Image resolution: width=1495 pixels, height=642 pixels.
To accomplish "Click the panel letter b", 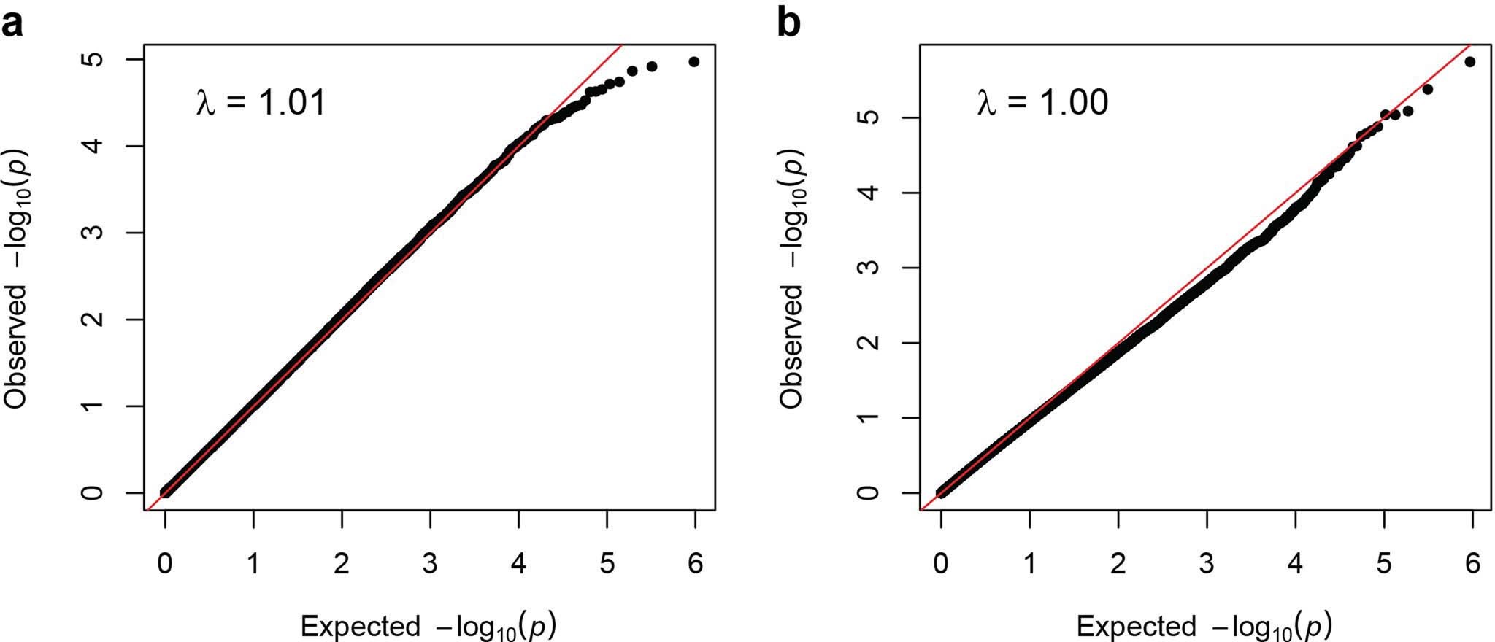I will click(788, 24).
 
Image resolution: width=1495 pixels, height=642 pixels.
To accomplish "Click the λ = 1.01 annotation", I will click(261, 103).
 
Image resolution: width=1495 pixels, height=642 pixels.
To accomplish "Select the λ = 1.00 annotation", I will click(1042, 103).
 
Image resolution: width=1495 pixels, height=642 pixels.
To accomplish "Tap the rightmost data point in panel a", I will click(694, 62).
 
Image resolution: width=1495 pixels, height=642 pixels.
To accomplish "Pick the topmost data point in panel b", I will click(1470, 62).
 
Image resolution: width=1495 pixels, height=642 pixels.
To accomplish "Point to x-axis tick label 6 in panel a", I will click(696, 564).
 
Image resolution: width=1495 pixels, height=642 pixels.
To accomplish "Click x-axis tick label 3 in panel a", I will click(431, 564).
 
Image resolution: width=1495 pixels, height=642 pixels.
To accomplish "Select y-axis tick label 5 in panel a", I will click(93, 59).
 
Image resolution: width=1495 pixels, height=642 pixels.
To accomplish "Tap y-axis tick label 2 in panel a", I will click(93, 320).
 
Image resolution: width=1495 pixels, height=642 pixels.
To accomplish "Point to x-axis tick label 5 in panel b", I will click(1384, 564).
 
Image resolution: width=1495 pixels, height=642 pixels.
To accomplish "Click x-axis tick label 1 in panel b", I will click(1030, 564).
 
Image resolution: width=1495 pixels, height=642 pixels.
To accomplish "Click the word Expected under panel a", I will click(360, 626).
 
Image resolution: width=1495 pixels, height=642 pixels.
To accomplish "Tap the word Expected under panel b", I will click(1136, 626).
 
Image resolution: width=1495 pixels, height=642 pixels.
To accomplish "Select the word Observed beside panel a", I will click(16, 346).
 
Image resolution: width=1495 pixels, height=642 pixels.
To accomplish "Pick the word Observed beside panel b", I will click(791, 346).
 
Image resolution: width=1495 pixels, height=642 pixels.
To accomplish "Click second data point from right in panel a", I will click(652, 66).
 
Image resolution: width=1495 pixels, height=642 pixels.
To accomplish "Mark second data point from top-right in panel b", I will click(1428, 89).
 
